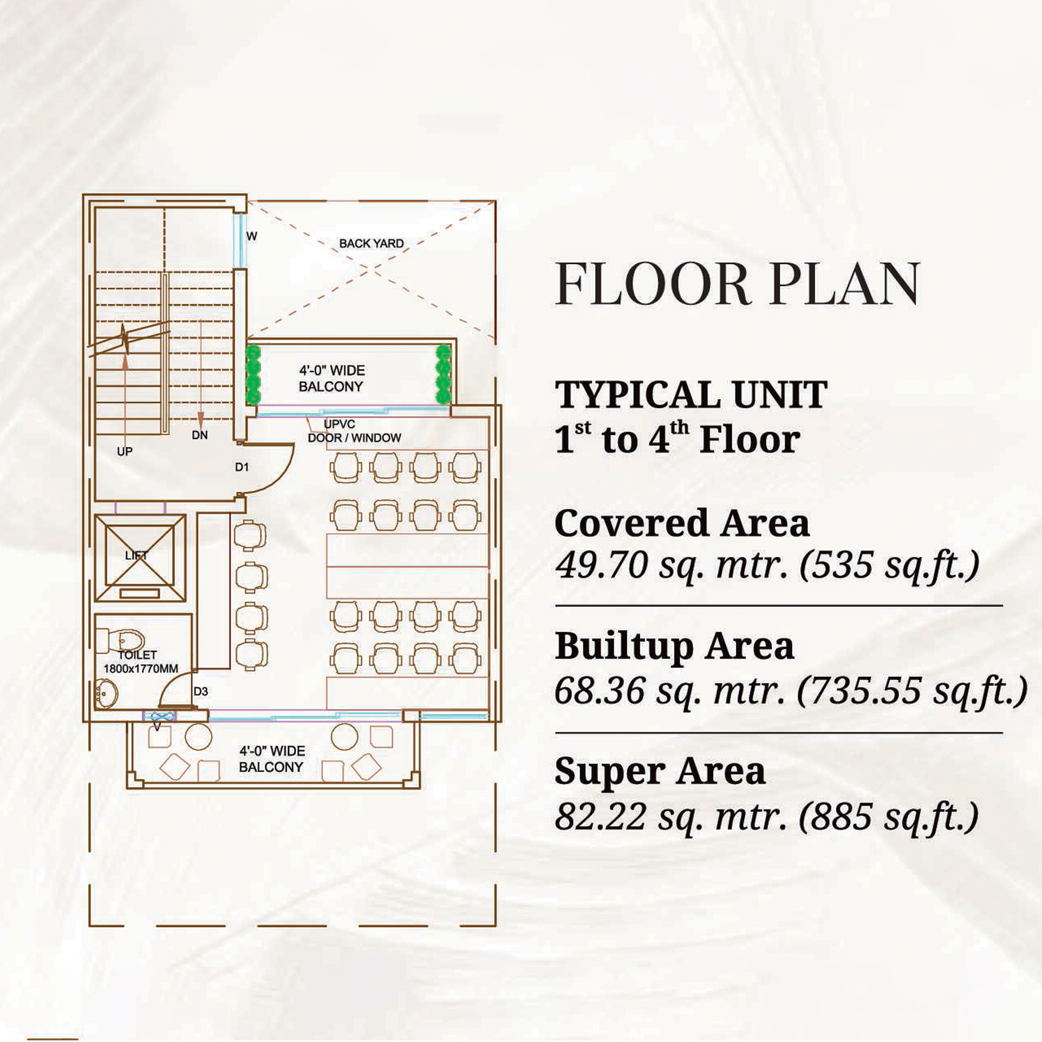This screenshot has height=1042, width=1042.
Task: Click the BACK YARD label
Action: [371, 243]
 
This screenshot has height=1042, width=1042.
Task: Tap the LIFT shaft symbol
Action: [140, 558]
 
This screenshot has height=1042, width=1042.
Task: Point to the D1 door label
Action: [242, 467]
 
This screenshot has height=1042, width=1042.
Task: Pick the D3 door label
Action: [201, 691]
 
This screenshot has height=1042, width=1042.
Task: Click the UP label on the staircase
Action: [124, 451]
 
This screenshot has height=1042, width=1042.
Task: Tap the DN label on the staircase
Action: [200, 435]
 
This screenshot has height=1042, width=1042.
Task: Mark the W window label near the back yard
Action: [252, 236]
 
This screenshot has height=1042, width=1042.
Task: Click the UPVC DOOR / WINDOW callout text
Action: [353, 431]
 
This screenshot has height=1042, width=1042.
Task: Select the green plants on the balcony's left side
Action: [253, 373]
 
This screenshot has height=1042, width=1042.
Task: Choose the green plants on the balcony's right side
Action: [443, 373]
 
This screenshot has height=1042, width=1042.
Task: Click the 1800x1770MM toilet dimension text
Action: [141, 669]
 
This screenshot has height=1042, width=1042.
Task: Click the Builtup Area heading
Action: [674, 646]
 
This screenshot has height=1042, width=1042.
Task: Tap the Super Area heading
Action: [660, 772]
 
